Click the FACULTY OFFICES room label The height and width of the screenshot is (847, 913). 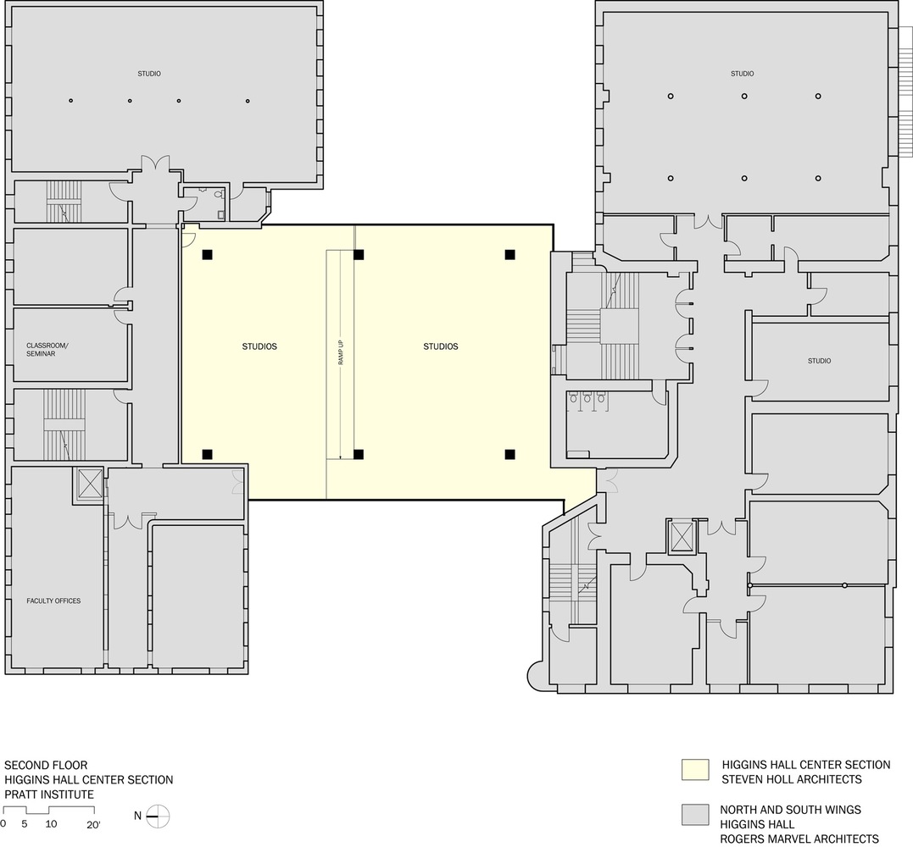tap(53, 601)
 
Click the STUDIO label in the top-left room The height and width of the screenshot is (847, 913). tap(149, 74)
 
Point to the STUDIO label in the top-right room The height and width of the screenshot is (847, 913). tap(742, 74)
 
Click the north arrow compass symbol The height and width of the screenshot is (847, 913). tap(159, 817)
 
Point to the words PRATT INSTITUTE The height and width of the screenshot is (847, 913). tap(49, 794)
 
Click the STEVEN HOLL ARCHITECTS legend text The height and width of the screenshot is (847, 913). tap(791, 779)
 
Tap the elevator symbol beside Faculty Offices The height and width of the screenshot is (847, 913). tap(88, 484)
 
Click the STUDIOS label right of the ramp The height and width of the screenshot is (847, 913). tap(441, 346)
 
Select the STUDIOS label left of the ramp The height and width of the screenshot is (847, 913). tap(259, 346)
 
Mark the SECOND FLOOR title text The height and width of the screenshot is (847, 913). tap(46, 765)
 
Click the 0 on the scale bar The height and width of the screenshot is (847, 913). tap(3, 823)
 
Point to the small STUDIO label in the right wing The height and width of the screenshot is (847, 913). tap(819, 361)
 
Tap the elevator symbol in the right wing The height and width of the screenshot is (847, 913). tap(681, 536)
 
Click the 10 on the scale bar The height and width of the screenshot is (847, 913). tap(51, 823)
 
